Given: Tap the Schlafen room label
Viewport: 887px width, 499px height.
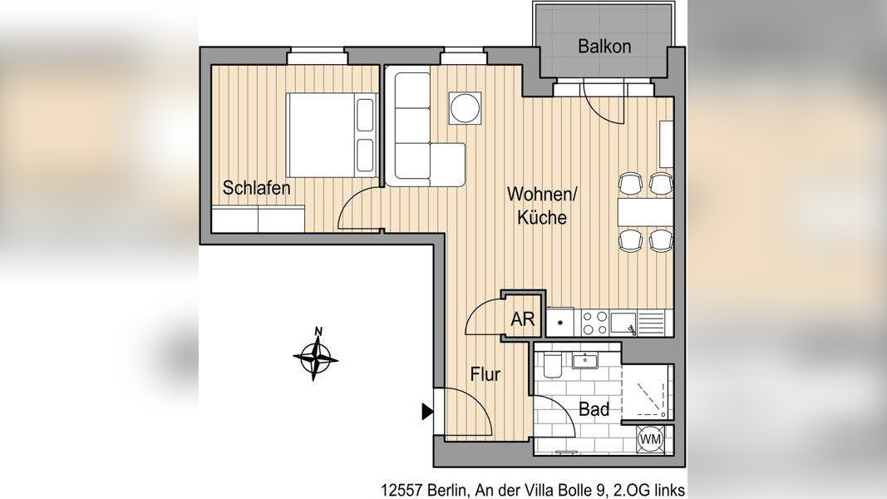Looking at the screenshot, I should (x=257, y=189).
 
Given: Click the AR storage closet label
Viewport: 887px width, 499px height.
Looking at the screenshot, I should (x=522, y=319).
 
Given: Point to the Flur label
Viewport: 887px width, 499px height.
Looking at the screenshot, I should (x=485, y=375).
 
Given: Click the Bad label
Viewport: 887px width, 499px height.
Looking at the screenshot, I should (x=594, y=409).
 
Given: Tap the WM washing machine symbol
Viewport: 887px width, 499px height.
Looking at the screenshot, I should (x=650, y=438).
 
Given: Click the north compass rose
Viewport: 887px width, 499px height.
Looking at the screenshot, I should (x=316, y=357).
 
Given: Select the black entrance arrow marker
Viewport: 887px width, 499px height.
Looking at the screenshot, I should (x=427, y=411).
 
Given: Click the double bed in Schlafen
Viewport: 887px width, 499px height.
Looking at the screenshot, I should (x=331, y=134).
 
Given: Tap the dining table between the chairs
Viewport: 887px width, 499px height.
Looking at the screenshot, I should (x=644, y=213).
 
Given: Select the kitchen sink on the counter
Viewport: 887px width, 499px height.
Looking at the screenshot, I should (x=625, y=321).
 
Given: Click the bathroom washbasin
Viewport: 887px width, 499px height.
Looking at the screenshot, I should (x=587, y=360).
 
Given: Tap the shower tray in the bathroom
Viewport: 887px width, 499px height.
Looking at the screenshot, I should (x=648, y=393).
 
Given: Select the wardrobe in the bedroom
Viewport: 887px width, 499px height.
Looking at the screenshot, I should (x=258, y=220).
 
